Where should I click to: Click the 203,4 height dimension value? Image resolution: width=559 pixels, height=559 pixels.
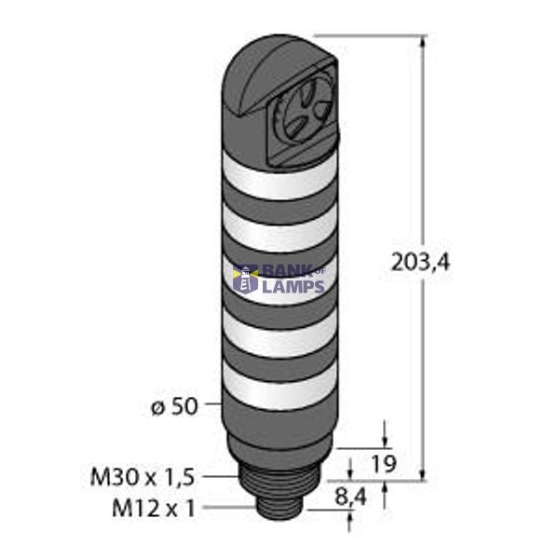click(x=420, y=264)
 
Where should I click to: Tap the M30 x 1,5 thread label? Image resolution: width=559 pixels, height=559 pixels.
click(x=142, y=478)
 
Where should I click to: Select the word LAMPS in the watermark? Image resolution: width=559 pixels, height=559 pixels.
click(x=293, y=287)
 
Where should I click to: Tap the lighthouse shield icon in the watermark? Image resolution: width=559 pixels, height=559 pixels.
click(x=246, y=278)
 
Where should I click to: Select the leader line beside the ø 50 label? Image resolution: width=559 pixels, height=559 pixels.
click(x=209, y=406)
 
